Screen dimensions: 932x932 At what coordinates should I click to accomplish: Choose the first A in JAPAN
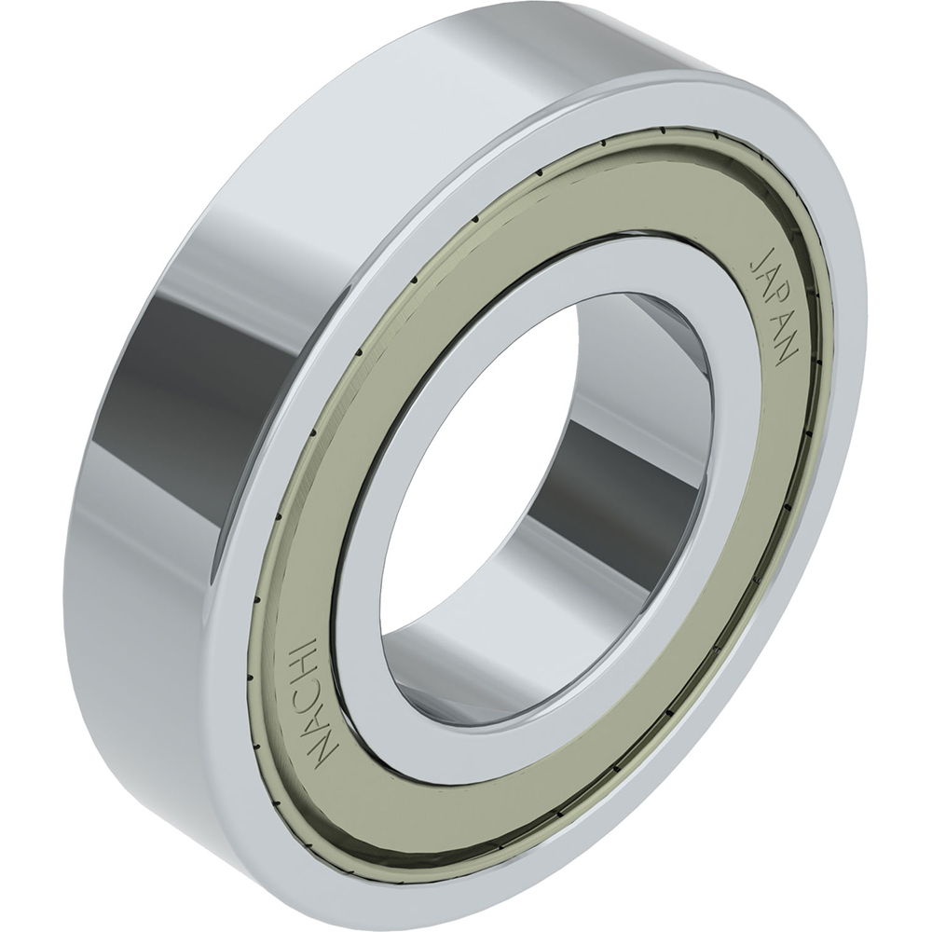click(764, 278)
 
